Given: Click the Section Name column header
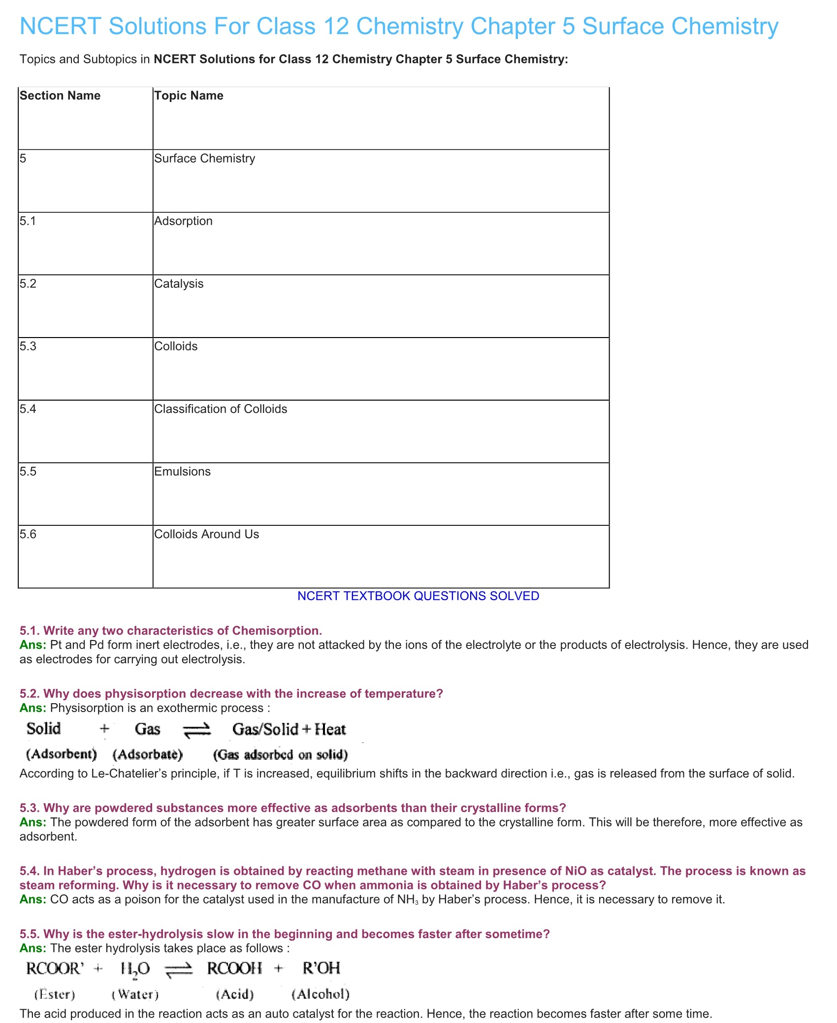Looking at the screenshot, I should click(60, 96).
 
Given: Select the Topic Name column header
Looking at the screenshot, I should click(189, 96).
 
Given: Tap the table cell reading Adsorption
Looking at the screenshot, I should click(183, 221).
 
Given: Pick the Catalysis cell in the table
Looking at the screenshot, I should click(179, 283).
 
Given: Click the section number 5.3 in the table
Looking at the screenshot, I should click(28, 346).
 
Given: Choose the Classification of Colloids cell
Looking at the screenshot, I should click(221, 409).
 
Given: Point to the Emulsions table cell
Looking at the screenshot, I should click(182, 471).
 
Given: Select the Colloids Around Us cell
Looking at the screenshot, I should click(206, 534).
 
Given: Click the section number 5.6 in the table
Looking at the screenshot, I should click(28, 534).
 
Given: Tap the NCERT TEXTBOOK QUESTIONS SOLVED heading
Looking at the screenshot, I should click(418, 596).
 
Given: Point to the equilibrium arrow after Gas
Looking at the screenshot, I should click(197, 730).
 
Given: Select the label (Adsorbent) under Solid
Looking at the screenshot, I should click(61, 754).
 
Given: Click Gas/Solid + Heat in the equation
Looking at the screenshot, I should click(289, 729).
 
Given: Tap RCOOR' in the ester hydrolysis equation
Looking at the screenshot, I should click(55, 969).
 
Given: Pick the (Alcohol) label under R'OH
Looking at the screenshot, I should click(321, 994).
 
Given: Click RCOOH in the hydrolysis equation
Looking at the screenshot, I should click(234, 969).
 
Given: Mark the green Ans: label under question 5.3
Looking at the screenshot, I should click(33, 822).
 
